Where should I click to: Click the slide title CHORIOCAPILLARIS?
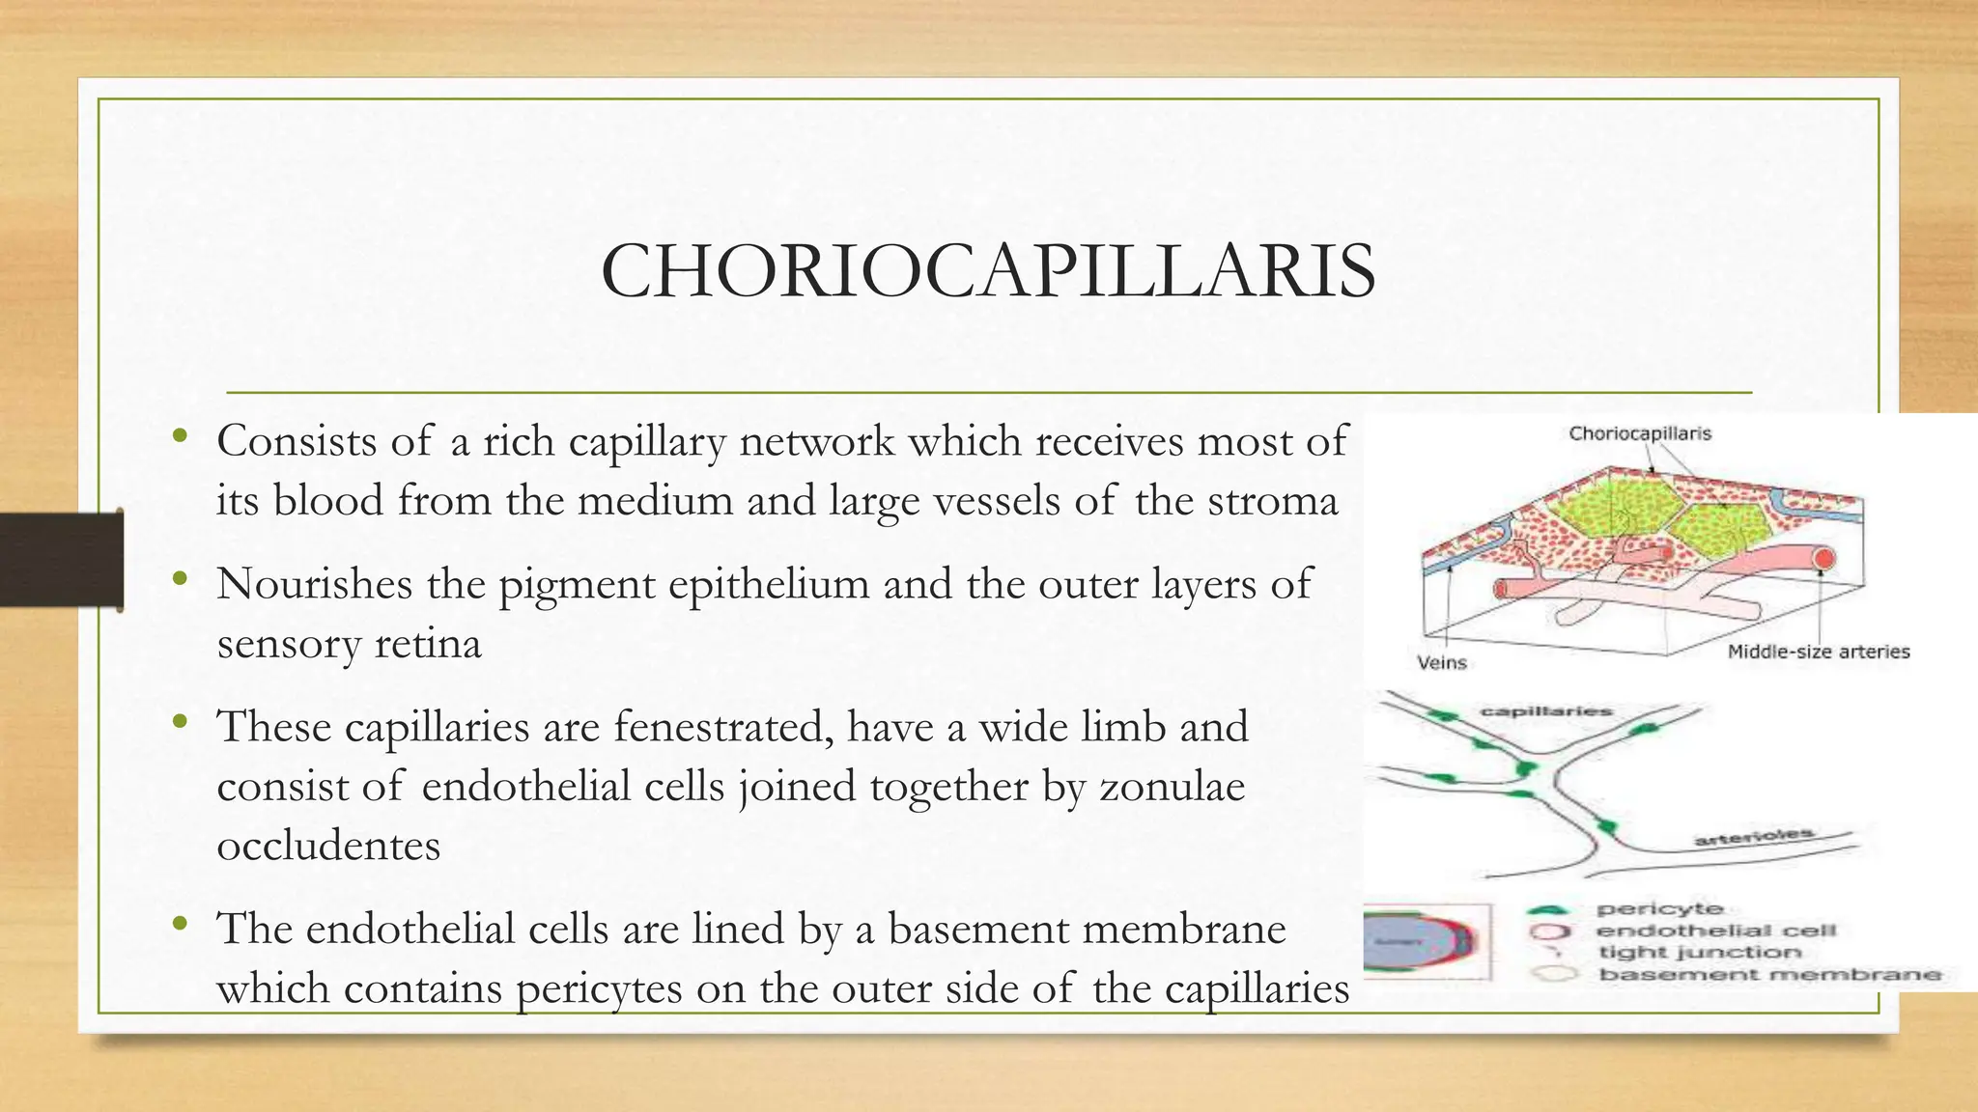pos(988,271)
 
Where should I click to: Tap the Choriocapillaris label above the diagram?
pos(1639,433)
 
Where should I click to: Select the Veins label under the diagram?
pos(1441,662)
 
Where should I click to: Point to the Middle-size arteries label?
pos(1818,652)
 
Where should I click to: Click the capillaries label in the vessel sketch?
pos(1546,711)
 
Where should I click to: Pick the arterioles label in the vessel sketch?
pos(1753,836)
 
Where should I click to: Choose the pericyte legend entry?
pos(1659,908)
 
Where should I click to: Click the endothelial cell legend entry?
pos(1714,931)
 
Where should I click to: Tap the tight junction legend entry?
pos(1700,952)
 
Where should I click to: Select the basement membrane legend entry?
pos(1768,974)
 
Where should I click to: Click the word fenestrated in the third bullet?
pos(723,726)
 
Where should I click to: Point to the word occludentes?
pos(328,846)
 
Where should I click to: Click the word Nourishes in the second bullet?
pos(314,584)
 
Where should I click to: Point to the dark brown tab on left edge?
pos(61,560)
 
